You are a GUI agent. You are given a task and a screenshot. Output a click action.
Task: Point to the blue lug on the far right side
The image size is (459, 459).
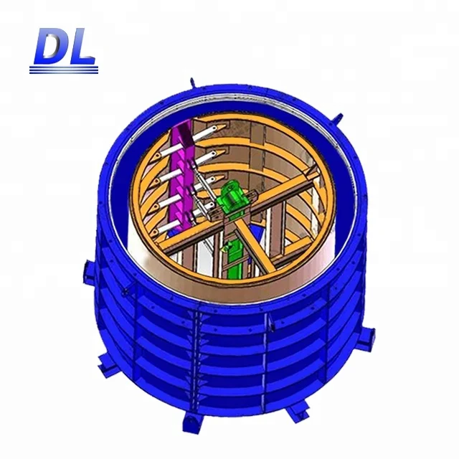369,335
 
